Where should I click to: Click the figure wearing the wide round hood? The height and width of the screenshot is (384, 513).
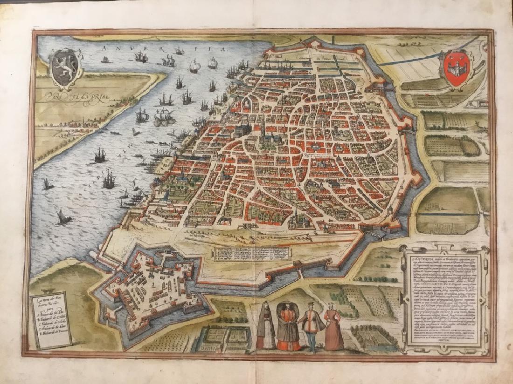[x=287, y=325]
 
